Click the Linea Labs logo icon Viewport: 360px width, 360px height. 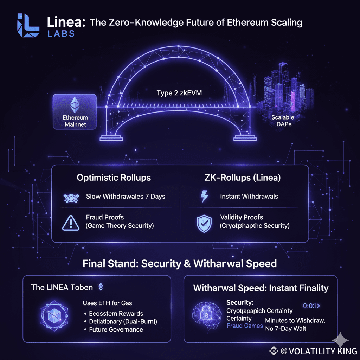[x=29, y=25]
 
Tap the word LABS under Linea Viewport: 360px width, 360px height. [x=61, y=34]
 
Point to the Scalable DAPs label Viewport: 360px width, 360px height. [x=283, y=121]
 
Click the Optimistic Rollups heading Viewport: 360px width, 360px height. [x=114, y=178]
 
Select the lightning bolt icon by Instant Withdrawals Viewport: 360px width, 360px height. [x=204, y=197]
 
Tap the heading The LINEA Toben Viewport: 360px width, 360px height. [x=62, y=287]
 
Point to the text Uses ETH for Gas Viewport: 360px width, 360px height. [x=108, y=303]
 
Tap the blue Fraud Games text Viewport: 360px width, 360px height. [x=245, y=326]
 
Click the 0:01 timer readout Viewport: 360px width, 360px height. [x=311, y=306]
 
